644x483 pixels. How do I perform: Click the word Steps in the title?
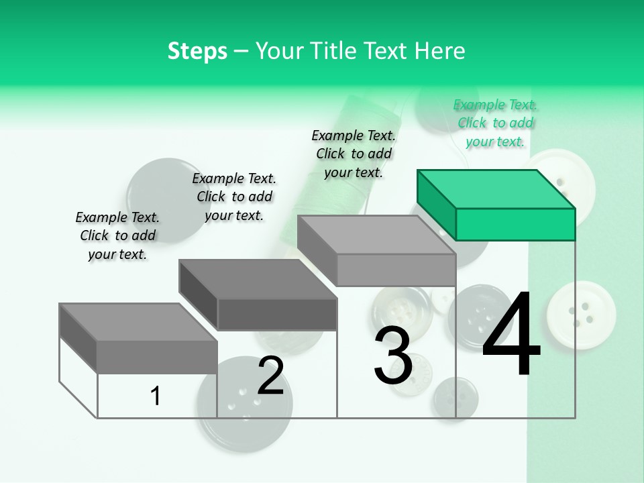tap(197, 51)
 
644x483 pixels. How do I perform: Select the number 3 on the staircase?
tap(393, 356)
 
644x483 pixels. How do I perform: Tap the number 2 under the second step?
tap(270, 376)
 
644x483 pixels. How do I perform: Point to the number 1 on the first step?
tap(156, 396)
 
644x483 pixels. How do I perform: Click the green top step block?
tap(496, 205)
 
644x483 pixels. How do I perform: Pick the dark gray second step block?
tap(258, 294)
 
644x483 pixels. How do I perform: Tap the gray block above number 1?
tap(138, 338)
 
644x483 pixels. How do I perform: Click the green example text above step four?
tap(496, 123)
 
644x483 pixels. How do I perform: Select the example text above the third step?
tap(354, 154)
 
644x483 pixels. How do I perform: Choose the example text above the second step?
tap(234, 197)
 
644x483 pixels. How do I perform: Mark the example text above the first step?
tap(117, 235)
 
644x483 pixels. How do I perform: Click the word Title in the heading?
tap(334, 51)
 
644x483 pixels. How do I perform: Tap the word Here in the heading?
tap(441, 51)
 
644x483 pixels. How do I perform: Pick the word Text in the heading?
tap(388, 51)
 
